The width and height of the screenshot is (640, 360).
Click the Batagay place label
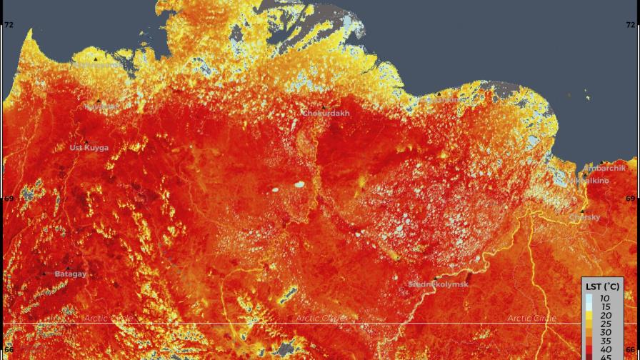click(71, 274)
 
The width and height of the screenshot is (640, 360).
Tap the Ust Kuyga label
click(89, 148)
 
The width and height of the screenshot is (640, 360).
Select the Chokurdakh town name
click(326, 114)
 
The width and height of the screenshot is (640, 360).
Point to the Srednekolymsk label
click(439, 284)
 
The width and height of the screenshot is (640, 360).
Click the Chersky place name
click(585, 217)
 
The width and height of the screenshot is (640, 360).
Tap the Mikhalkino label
click(591, 181)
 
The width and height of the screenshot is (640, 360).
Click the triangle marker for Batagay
click(44, 274)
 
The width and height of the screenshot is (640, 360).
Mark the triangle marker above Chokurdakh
click(324, 106)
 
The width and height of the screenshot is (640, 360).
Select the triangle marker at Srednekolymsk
click(435, 278)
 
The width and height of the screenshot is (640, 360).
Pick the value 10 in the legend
click(605, 298)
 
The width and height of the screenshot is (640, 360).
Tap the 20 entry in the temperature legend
click(605, 315)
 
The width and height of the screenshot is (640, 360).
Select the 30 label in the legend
click(605, 332)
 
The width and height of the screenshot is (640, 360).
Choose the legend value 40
click(605, 349)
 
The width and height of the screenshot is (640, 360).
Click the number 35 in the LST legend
click(605, 341)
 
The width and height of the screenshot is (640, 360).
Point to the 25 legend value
click(605, 324)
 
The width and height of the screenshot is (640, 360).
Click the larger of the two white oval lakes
click(299, 184)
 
